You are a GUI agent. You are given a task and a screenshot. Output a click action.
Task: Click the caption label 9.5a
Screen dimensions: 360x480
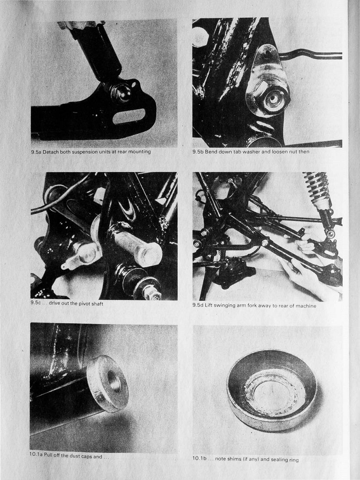click(x=36, y=152)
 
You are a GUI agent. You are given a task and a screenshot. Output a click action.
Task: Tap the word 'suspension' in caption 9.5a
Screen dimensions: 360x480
click(x=84, y=152)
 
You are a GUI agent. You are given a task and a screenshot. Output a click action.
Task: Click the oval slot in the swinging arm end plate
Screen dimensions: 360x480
click(x=129, y=116)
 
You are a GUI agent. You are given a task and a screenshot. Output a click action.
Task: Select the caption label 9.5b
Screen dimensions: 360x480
click(x=198, y=151)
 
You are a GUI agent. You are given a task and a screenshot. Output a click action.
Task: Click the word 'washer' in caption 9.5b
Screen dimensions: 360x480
click(x=250, y=151)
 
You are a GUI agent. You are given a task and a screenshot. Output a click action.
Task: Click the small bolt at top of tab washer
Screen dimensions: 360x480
click(x=267, y=53)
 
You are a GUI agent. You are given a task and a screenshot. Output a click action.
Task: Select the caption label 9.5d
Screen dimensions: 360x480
click(x=198, y=305)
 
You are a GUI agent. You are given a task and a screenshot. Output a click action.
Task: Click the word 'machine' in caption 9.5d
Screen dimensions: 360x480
click(x=306, y=306)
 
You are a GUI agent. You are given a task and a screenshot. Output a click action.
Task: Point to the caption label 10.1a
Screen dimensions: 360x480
click(x=36, y=454)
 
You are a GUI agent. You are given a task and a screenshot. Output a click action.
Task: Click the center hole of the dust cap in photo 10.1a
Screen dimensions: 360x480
click(x=114, y=381)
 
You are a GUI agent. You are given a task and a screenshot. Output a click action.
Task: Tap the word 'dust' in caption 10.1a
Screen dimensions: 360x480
click(x=75, y=456)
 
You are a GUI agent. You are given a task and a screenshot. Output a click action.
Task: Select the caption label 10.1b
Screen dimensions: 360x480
click(x=199, y=458)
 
